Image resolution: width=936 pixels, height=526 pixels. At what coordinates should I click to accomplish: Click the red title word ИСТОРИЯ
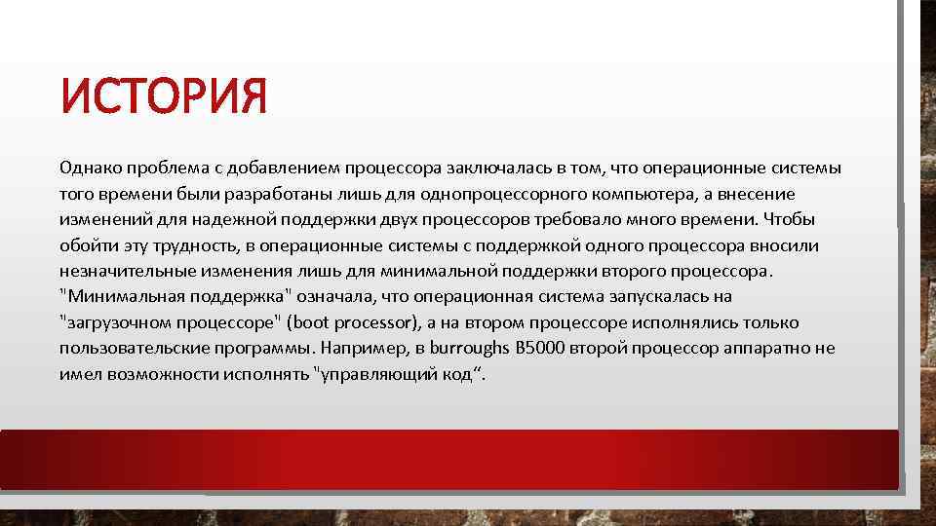[x=162, y=98]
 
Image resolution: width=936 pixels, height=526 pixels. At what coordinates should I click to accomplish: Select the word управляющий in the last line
[x=375, y=373]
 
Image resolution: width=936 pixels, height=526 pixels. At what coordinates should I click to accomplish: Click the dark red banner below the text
[x=448, y=460]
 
